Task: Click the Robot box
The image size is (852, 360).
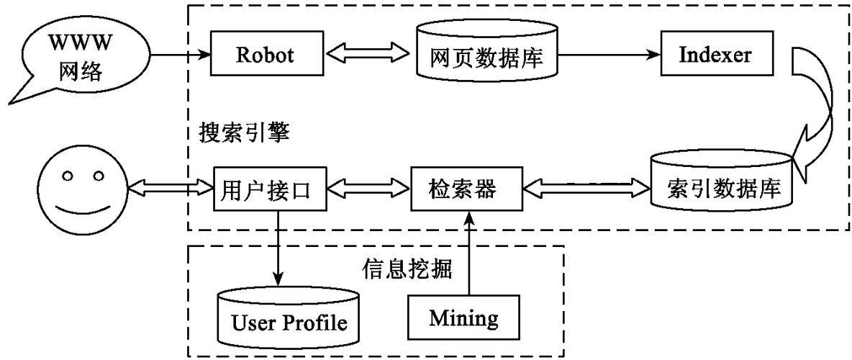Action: click(x=266, y=55)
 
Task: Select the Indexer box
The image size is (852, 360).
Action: click(x=716, y=55)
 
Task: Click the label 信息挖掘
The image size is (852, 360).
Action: click(x=406, y=269)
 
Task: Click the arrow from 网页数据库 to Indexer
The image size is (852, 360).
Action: click(x=609, y=55)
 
